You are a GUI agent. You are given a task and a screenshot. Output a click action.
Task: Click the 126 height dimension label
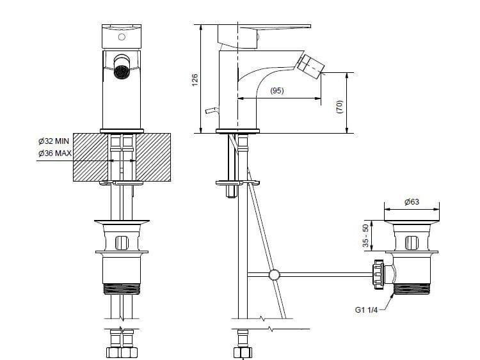point(195,79)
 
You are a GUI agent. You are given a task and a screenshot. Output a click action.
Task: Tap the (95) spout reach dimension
point(276,91)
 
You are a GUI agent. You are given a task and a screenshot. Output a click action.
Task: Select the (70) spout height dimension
point(340,105)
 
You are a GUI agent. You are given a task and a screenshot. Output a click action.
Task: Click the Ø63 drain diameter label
point(412,202)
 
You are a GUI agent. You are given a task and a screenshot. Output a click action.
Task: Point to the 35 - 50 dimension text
point(365,237)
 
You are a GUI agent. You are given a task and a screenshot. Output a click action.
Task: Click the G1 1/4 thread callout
point(367,310)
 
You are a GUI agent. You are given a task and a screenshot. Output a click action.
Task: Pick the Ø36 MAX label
point(53,153)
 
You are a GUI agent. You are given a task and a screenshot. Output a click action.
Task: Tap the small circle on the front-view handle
point(122,38)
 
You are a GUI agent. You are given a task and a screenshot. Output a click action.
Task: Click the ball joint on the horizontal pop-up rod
point(275,275)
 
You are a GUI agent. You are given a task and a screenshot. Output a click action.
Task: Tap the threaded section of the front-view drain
point(122,288)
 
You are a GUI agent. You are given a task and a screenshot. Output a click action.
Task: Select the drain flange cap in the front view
point(122,223)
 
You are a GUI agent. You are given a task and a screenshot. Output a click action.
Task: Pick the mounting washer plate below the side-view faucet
point(237,183)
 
